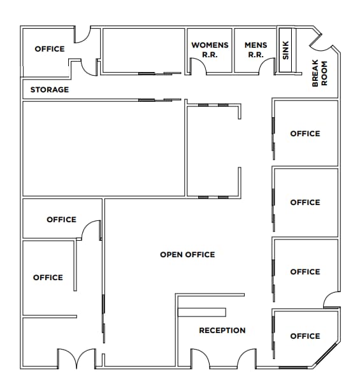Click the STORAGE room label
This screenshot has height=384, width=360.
(50, 90)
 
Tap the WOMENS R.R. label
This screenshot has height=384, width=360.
(210, 50)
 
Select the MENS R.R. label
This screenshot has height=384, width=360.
(256, 50)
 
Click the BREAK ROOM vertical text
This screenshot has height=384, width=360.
(319, 73)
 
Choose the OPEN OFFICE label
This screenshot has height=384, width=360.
(187, 255)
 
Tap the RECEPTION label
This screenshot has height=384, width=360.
(222, 331)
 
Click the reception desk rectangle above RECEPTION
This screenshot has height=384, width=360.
(202, 313)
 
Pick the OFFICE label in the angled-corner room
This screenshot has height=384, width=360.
(305, 336)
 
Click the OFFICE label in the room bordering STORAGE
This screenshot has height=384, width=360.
(50, 49)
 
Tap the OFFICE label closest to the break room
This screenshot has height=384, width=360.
(305, 134)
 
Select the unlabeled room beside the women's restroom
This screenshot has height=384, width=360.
(143, 50)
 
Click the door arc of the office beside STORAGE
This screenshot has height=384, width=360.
(83, 35)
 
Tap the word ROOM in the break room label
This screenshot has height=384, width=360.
(324, 73)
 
